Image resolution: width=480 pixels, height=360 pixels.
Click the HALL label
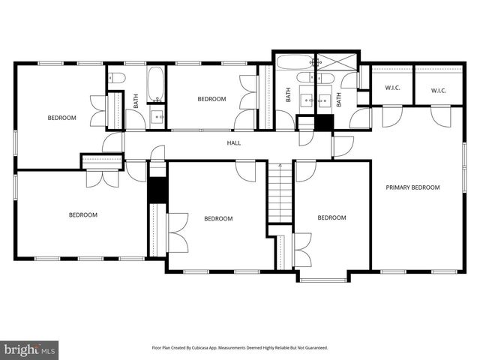[234, 142]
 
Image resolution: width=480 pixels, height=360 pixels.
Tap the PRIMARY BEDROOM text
[412, 187]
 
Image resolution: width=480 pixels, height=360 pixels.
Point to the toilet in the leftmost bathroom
[117, 77]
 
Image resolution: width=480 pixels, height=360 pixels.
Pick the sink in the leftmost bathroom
[157, 116]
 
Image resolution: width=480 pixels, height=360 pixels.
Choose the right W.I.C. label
[439, 91]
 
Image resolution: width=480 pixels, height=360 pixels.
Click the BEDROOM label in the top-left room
[61, 118]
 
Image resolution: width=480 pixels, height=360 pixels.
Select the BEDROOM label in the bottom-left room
[83, 215]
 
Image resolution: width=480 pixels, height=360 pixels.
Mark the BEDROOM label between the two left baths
[211, 99]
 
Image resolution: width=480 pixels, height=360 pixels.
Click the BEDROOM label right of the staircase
[331, 218]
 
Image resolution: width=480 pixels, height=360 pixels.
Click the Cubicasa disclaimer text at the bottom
[240, 348]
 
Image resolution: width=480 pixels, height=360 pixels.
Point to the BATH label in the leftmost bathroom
[136, 100]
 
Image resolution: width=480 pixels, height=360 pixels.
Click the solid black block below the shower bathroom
[325, 124]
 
